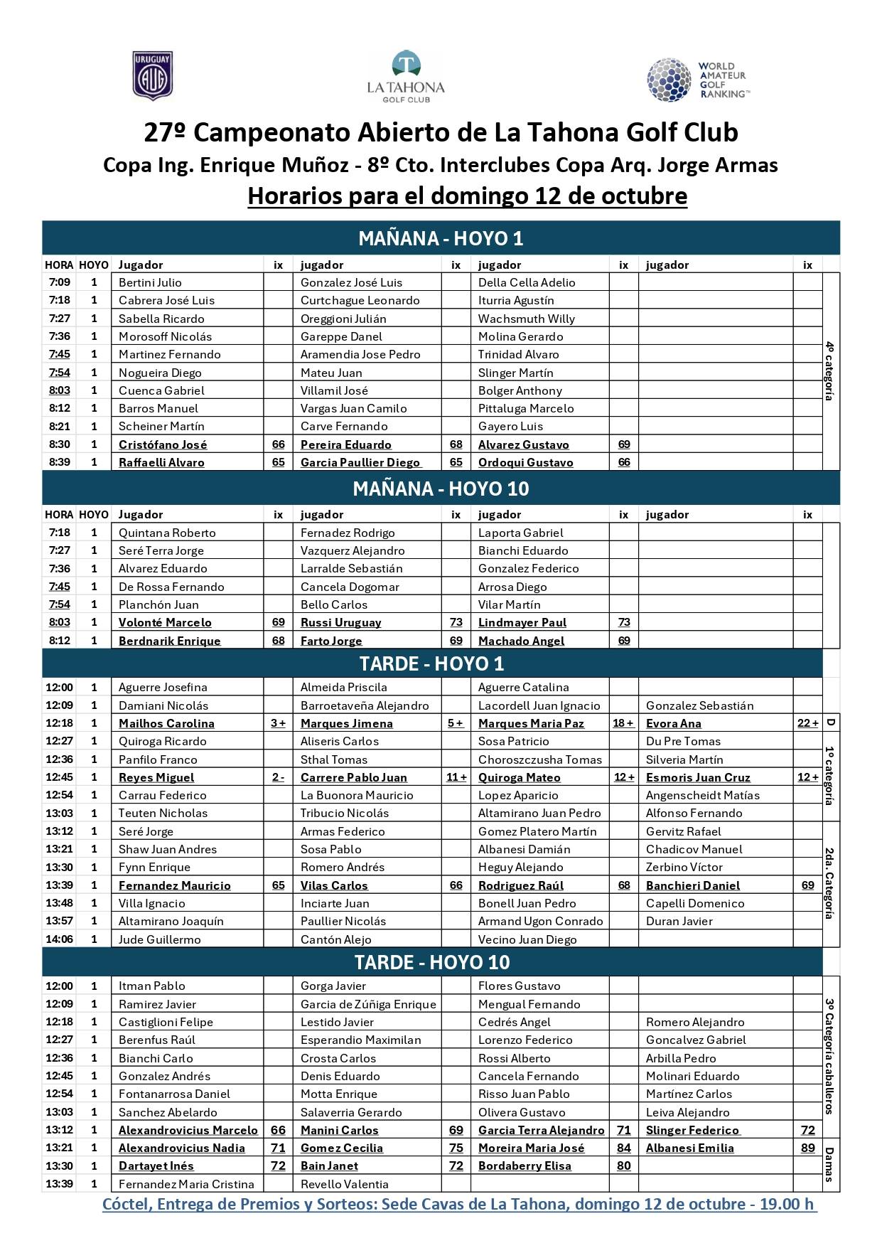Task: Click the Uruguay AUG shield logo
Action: (x=153, y=76)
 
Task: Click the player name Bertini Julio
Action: (x=150, y=282)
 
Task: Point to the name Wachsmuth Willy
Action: (x=526, y=319)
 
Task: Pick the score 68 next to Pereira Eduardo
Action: (x=456, y=444)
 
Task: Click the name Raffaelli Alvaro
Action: (x=161, y=462)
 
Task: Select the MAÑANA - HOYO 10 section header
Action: (x=441, y=489)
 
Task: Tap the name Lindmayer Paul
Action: (x=522, y=622)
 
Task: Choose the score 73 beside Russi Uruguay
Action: (x=456, y=622)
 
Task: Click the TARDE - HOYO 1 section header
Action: (x=431, y=663)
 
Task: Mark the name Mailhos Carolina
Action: (x=166, y=723)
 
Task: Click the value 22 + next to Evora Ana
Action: (x=807, y=723)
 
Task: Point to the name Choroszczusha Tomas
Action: (x=539, y=759)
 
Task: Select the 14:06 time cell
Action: (x=59, y=939)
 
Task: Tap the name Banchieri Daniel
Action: (x=692, y=885)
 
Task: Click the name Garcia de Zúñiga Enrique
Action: (x=368, y=1004)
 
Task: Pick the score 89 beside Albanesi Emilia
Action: (x=807, y=1148)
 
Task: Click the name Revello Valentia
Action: (x=344, y=1184)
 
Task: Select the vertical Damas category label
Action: (x=829, y=1164)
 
